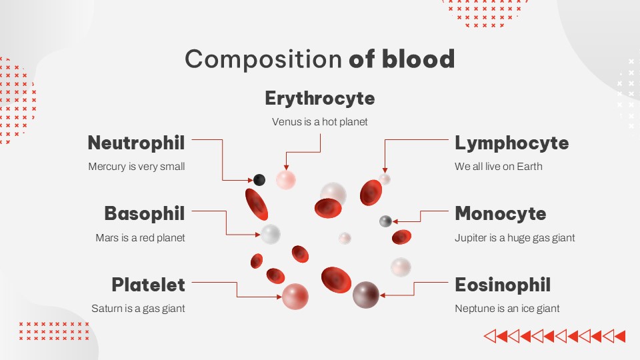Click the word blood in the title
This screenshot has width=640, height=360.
(418, 59)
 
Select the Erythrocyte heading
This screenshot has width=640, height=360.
(320, 98)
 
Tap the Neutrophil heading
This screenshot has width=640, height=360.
(136, 143)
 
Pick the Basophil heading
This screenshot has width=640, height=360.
(144, 213)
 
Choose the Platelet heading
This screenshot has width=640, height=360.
(148, 285)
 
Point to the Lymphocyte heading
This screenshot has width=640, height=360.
(511, 143)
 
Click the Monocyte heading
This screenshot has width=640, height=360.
(500, 213)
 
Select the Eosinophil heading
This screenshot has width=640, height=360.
(503, 285)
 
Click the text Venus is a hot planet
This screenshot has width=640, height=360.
(320, 122)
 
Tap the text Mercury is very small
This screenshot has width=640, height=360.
(137, 167)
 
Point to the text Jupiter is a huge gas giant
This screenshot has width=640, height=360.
(515, 237)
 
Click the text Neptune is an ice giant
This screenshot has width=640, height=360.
(507, 309)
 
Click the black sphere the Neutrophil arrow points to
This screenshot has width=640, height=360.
(259, 179)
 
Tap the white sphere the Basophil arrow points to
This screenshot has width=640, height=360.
(270, 234)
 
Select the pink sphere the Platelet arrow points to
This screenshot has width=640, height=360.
(295, 297)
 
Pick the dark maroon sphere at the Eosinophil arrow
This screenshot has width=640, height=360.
(365, 295)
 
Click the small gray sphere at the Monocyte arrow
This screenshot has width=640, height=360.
(385, 221)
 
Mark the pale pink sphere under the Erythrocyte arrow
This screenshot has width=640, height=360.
(285, 179)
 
